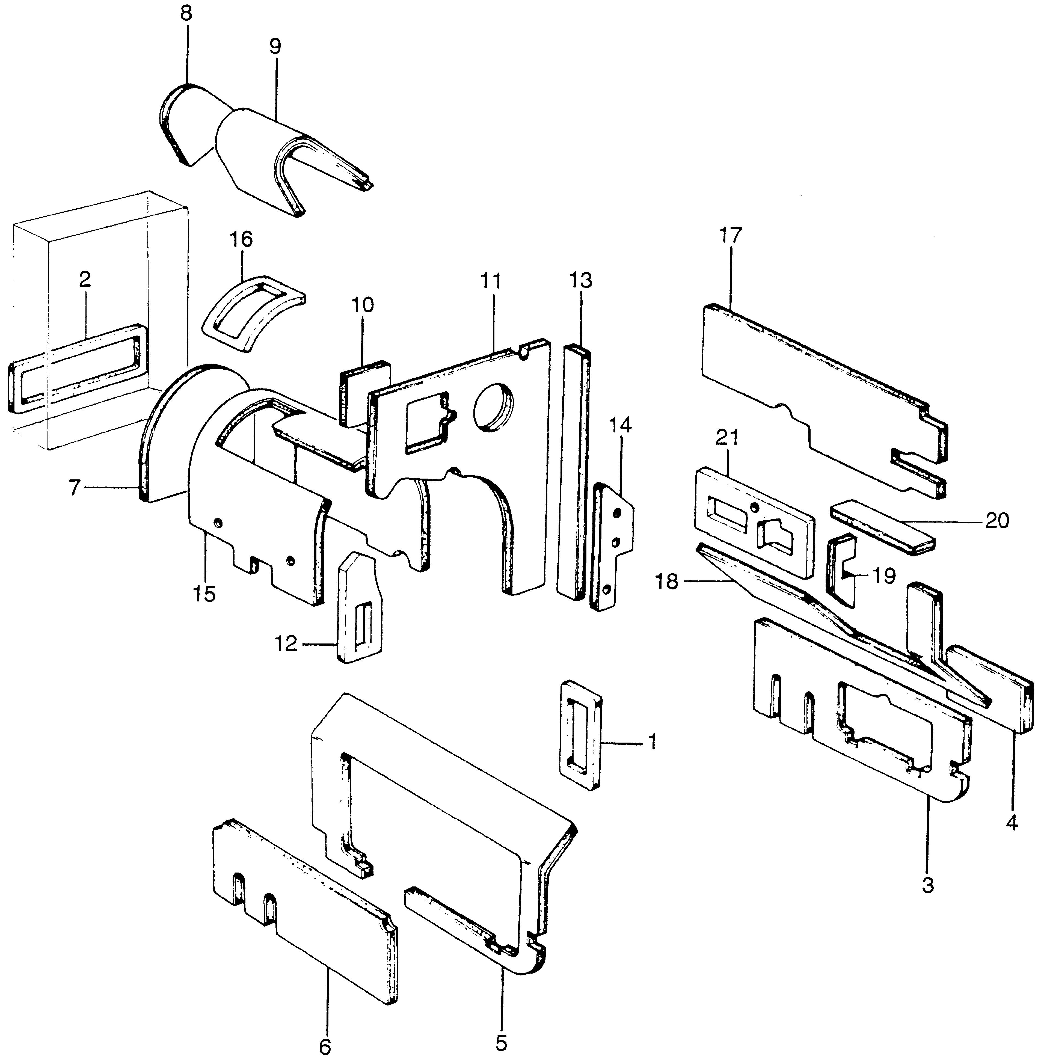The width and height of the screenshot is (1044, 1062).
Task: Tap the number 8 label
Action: click(x=186, y=13)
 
